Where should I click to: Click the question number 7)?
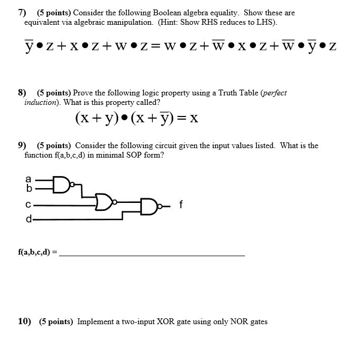[x=22, y=13]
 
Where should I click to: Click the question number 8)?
[x=22, y=93]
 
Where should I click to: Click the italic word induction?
[x=40, y=102]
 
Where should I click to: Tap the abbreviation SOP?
[x=132, y=155]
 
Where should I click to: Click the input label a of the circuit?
[x=29, y=179]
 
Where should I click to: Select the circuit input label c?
[x=29, y=204]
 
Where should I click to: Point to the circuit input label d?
[x=29, y=218]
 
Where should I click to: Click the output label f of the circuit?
[x=181, y=205]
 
